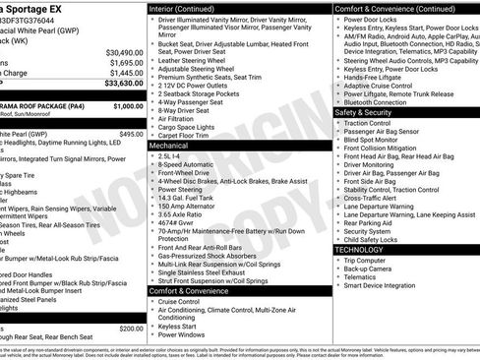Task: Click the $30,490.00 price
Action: click(x=119, y=51)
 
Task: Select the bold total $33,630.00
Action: click(x=119, y=84)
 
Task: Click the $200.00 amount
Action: click(x=130, y=329)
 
